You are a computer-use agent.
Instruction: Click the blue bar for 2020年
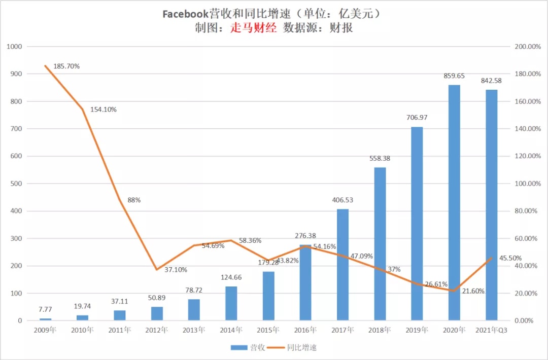pyautogui.click(x=454, y=203)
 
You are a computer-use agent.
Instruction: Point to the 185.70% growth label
pyautogui.click(x=66, y=66)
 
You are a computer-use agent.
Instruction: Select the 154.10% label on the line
pyautogui.click(x=104, y=110)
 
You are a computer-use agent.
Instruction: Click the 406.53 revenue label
pyautogui.click(x=342, y=200)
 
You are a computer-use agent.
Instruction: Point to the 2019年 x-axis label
pyautogui.click(x=417, y=330)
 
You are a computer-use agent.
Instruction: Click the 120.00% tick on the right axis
pyautogui.click(x=528, y=156)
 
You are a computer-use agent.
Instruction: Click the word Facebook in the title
pyautogui.click(x=186, y=14)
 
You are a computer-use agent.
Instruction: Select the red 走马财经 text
pyautogui.click(x=254, y=28)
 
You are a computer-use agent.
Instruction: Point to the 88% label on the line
pyautogui.click(x=134, y=200)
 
